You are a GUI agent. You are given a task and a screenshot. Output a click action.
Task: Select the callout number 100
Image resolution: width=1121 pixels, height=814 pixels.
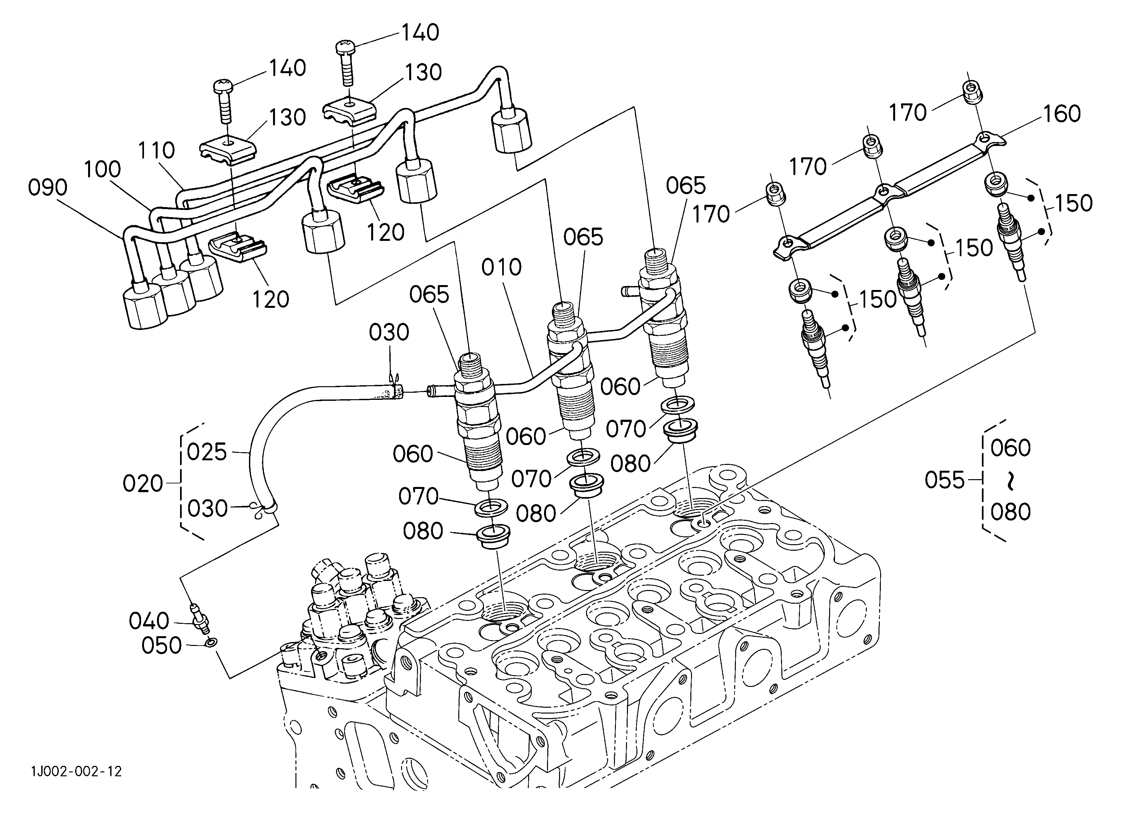pos(102,169)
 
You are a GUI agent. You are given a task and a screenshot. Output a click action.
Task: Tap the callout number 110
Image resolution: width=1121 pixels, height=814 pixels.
pos(156,150)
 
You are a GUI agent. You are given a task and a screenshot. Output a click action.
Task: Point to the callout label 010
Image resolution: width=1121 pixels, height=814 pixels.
pos(502,268)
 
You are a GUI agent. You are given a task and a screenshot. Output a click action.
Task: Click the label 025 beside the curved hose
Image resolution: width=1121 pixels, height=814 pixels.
pos(207,452)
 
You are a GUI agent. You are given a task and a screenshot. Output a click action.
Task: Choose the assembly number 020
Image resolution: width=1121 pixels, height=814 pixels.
pos(143,483)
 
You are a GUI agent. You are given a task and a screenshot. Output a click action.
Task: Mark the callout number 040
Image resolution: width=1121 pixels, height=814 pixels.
pos(149,621)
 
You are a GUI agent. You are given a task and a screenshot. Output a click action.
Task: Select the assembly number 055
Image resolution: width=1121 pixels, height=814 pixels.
pos(945,480)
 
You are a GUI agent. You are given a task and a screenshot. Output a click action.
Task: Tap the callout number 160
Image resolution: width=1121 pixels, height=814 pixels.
pos(1062,114)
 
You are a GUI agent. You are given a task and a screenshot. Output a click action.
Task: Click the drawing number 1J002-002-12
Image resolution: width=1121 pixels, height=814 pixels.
pos(77,771)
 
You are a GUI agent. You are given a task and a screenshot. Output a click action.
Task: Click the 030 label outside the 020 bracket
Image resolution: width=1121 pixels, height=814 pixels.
pos(389,333)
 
